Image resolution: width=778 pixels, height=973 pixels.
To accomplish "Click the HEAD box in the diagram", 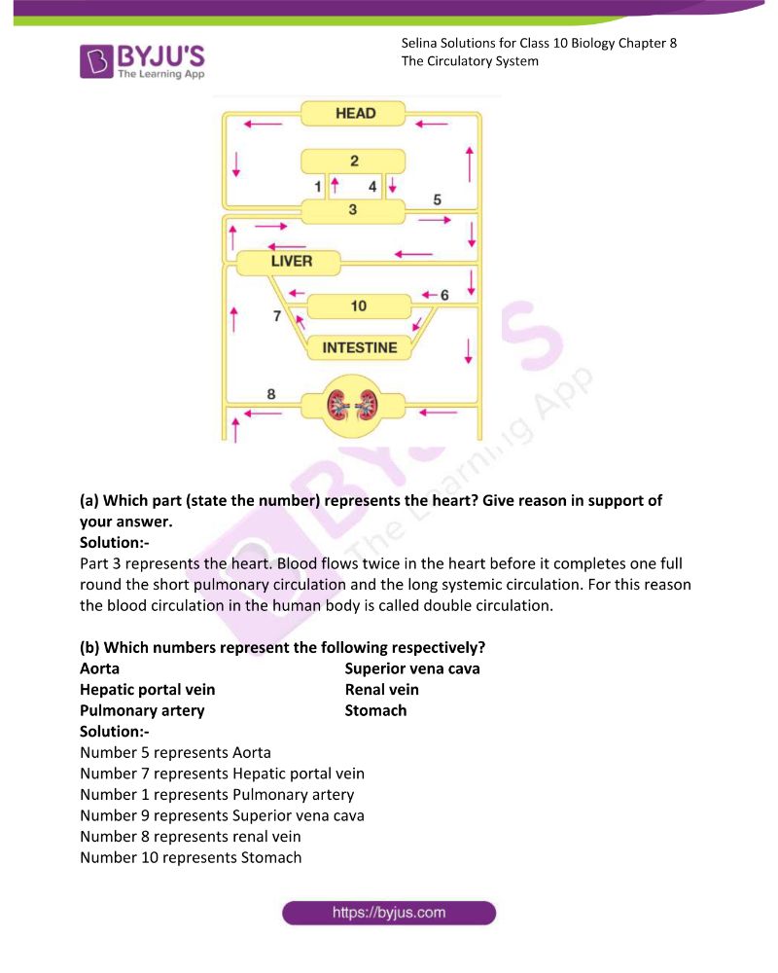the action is coord(353,114).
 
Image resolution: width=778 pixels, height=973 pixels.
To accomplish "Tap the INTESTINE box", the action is coord(360,347).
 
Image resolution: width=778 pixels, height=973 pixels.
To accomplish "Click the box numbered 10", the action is coord(359,306).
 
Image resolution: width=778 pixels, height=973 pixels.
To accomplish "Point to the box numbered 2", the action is coord(353,162).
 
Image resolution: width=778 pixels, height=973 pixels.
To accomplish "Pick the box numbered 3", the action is coord(353,211).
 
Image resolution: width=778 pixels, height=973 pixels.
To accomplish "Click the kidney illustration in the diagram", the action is coord(352,406).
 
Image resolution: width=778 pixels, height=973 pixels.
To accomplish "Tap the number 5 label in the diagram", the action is coord(438,199).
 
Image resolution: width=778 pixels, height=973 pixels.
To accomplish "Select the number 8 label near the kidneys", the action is coord(271,394).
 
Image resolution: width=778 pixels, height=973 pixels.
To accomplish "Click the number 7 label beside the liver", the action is coord(277,316).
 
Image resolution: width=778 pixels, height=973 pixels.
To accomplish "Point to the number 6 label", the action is coord(444,296).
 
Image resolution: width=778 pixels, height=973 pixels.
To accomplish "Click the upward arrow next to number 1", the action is coord(335,185).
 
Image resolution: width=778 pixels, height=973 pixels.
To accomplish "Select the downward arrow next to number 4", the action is coord(392,185).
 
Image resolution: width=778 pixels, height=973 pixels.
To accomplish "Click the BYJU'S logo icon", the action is coord(96,61).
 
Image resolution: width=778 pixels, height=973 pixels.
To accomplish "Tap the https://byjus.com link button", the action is coord(389,913).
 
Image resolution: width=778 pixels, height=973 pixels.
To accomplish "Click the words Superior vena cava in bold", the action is coord(412,669).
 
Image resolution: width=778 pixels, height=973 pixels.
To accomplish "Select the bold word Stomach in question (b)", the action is coord(376,711).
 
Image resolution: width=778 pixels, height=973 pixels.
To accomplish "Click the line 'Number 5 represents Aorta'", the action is coord(176,753).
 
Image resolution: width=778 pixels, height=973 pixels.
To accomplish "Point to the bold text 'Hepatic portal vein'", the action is coord(148,690).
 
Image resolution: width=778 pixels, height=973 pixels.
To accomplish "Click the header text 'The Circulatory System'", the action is coord(470,61).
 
